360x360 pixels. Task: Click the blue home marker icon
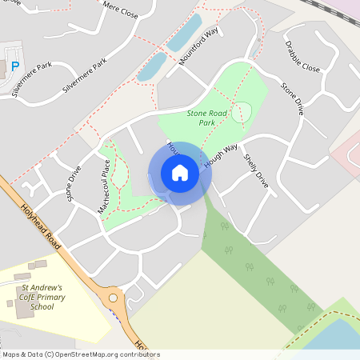[x=179, y=173]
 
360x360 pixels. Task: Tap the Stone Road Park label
[x=207, y=119]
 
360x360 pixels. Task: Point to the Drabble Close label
[x=302, y=57]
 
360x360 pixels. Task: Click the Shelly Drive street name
[x=257, y=171]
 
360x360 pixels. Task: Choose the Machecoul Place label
[x=104, y=185]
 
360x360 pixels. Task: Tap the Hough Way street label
[x=222, y=156]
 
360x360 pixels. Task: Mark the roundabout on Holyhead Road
[x=115, y=301]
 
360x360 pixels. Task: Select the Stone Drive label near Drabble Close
[x=293, y=98]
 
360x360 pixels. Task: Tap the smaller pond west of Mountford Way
[x=151, y=66]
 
